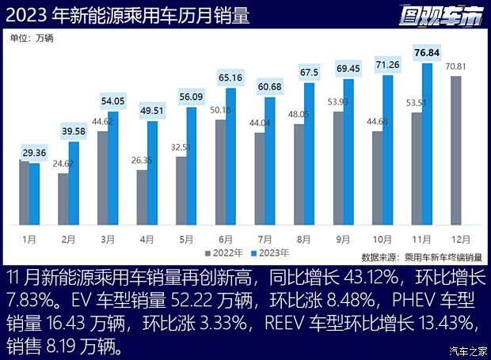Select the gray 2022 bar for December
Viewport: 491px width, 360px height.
(456, 150)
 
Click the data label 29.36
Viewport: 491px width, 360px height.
(34, 153)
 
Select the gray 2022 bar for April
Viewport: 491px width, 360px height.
(142, 197)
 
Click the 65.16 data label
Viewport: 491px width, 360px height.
(231, 78)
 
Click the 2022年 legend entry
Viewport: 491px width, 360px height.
(225, 254)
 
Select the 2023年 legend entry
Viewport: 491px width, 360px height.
(269, 254)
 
